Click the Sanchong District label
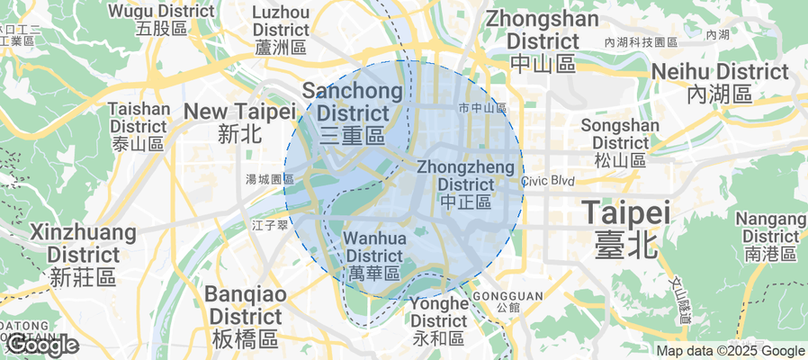click(x=346, y=113)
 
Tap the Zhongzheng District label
click(x=466, y=184)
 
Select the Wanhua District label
click(x=374, y=255)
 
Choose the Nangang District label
click(x=770, y=235)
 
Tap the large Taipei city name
click(x=626, y=228)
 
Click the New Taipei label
click(x=239, y=121)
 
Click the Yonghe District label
click(x=438, y=320)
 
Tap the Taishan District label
click(x=139, y=125)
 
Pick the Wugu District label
click(x=162, y=19)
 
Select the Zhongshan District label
click(x=542, y=40)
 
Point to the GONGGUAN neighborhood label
click(x=495, y=300)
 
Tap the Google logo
click(x=42, y=345)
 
